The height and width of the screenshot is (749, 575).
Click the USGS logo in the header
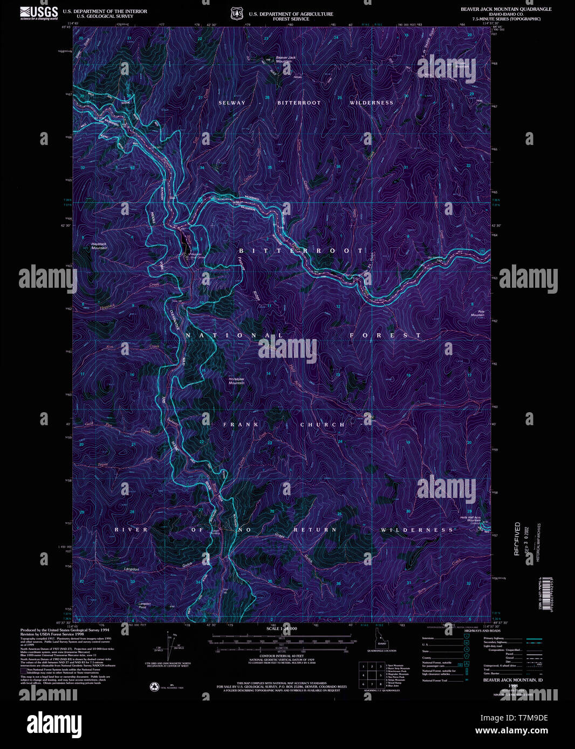[x=39, y=12]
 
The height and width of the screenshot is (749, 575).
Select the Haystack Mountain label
[x=99, y=246]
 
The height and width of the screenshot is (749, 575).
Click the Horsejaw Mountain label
[x=236, y=380]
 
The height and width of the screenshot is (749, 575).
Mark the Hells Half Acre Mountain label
[x=470, y=518]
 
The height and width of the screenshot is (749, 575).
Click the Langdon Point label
[x=144, y=605]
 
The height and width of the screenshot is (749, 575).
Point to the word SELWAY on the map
[x=232, y=102]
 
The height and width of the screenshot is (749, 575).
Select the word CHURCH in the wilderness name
[x=323, y=425]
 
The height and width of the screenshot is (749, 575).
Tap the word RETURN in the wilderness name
[x=315, y=530]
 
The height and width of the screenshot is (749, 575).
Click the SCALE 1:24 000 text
[x=282, y=629]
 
